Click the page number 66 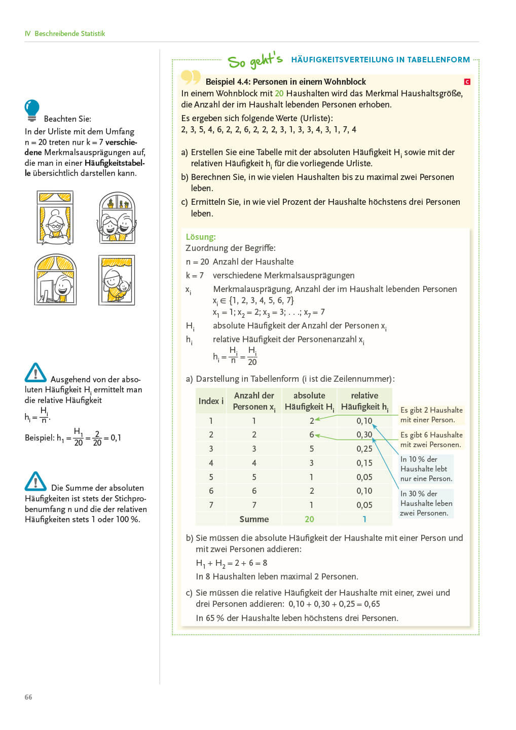click(x=28, y=697)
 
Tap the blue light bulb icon click(x=32, y=110)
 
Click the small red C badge click(x=467, y=82)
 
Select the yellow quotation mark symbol click(x=191, y=77)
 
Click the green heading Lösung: click(x=201, y=237)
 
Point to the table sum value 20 click(x=309, y=519)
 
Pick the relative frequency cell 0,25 click(x=364, y=449)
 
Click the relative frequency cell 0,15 click(x=364, y=463)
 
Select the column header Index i click(x=211, y=401)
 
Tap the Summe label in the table click(x=254, y=519)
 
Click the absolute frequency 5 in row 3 click(x=311, y=449)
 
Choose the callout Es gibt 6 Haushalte click(x=431, y=440)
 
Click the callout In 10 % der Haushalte click(x=426, y=468)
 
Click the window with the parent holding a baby click(x=117, y=280)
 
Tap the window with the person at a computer click(x=55, y=280)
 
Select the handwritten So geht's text click(x=255, y=60)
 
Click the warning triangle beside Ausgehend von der click(x=35, y=373)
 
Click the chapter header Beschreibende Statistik click(x=69, y=33)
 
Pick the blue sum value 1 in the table click(x=364, y=519)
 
